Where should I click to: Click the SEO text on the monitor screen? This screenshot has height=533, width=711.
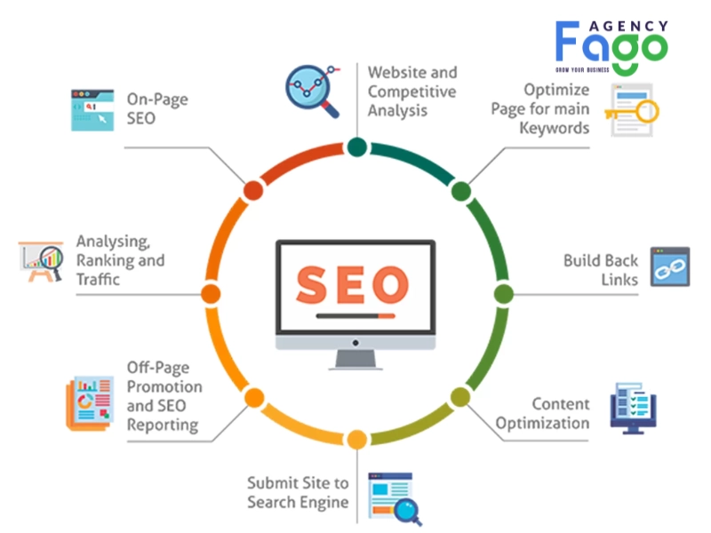click(352, 284)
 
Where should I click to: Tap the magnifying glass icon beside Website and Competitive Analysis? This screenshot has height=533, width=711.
click(313, 91)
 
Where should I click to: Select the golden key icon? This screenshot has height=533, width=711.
click(632, 112)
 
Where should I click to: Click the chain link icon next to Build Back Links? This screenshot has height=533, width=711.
click(670, 266)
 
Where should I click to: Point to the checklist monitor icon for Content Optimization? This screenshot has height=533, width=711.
click(633, 408)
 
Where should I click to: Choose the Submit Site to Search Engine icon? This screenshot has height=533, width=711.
click(395, 498)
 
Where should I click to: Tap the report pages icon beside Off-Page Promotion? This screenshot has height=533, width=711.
click(90, 403)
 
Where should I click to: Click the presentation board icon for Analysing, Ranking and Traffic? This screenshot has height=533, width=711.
click(41, 262)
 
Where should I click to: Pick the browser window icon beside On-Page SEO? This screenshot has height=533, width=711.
click(92, 110)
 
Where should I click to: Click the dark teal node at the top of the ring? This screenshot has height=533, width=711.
click(357, 147)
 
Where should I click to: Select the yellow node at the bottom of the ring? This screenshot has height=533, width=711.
click(357, 440)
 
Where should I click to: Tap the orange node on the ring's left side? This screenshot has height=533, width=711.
click(211, 294)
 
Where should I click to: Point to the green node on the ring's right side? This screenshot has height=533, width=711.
click(503, 294)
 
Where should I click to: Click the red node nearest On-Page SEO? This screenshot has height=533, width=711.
click(253, 190)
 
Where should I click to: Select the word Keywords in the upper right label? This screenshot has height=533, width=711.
click(554, 128)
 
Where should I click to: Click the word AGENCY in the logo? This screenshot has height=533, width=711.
click(628, 27)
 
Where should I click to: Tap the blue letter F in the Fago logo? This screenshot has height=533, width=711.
click(567, 41)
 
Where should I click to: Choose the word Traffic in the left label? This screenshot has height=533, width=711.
click(98, 279)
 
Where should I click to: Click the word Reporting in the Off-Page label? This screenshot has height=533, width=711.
click(163, 426)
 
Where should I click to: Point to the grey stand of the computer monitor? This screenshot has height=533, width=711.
click(355, 360)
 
